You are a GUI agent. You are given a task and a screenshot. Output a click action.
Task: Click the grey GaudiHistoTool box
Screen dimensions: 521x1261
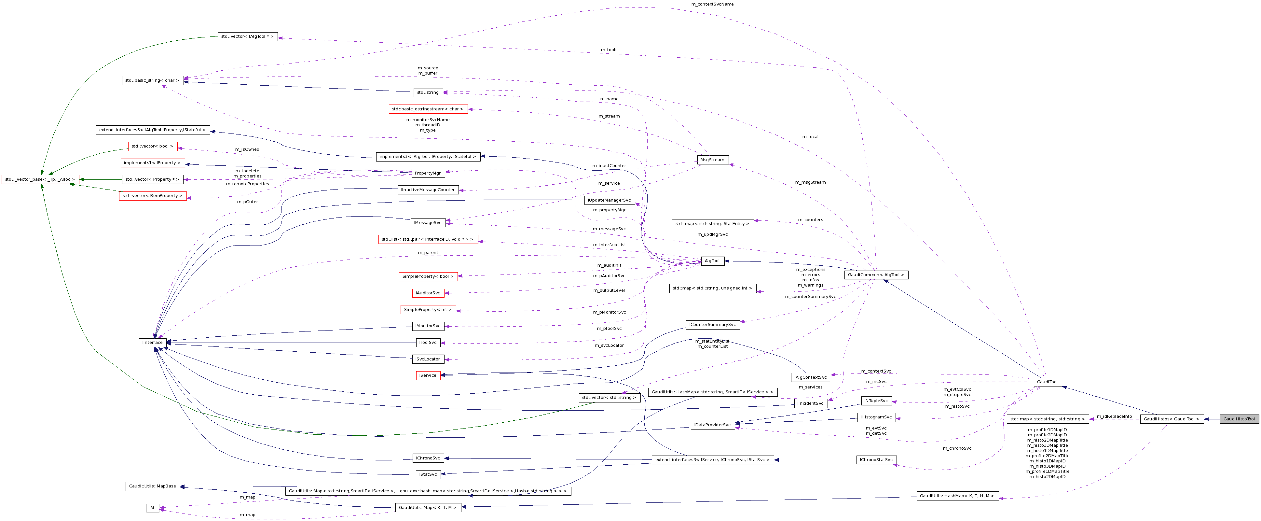point(1239,419)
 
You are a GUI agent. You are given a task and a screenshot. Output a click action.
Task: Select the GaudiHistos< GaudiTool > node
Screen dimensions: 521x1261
point(1172,419)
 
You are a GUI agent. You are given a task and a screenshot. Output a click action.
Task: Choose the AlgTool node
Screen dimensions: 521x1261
point(712,261)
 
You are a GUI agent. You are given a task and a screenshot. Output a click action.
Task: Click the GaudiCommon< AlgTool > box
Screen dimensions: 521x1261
point(876,275)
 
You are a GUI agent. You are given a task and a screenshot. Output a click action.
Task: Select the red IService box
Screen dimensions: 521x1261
point(427,375)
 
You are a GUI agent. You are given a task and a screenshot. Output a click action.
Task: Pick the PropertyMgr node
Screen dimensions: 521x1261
point(427,173)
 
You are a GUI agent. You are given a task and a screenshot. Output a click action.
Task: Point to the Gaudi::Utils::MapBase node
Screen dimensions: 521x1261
point(152,486)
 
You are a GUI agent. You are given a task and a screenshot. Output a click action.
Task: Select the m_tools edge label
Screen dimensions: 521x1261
point(609,50)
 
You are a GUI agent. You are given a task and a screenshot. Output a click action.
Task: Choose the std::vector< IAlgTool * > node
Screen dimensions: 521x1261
point(247,37)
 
